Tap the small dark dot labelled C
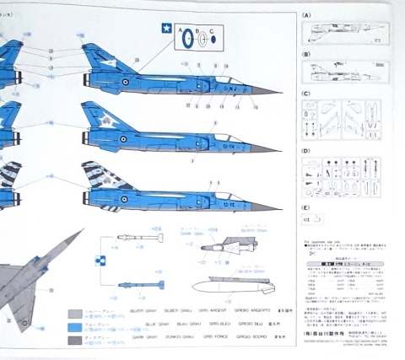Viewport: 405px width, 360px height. pos(213,39)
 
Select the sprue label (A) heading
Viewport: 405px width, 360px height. pos(306,16)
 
